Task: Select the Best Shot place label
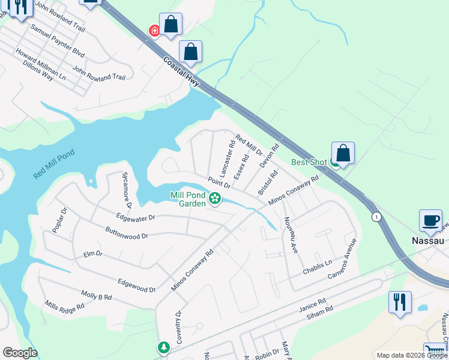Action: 309,162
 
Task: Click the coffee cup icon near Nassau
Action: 430,221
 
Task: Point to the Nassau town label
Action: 427,240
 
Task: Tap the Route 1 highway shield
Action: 376,216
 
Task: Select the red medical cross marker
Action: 154,30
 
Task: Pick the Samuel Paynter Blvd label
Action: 57,41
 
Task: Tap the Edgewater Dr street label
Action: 136,217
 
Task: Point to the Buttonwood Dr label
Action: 126,233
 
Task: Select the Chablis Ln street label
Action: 317,263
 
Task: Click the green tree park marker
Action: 163,347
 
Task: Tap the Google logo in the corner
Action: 19,353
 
